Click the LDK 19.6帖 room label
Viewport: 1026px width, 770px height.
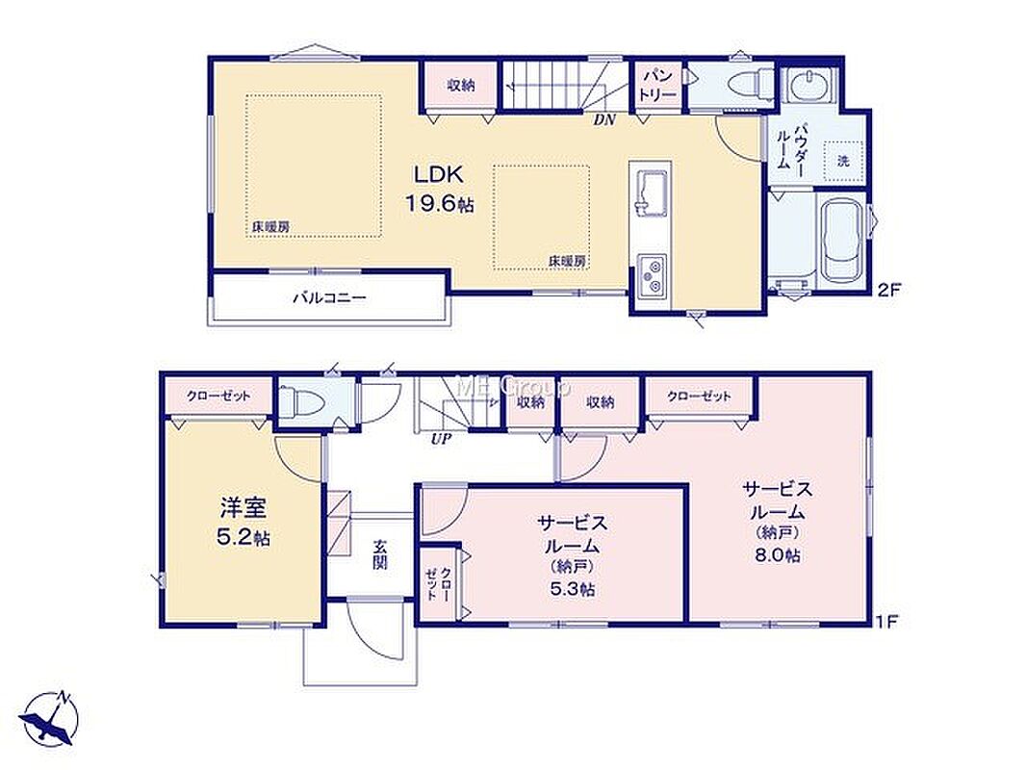(439, 189)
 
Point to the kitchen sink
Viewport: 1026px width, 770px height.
(651, 192)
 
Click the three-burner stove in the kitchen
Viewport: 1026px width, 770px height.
(652, 275)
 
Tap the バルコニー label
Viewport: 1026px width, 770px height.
(329, 298)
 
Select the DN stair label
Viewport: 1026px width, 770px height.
(604, 120)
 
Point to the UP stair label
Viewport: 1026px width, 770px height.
(441, 440)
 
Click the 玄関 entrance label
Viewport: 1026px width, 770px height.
(380, 553)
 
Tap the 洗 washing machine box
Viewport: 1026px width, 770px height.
(843, 161)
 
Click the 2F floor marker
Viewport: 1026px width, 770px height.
(889, 289)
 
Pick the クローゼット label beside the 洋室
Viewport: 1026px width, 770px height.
(218, 396)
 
